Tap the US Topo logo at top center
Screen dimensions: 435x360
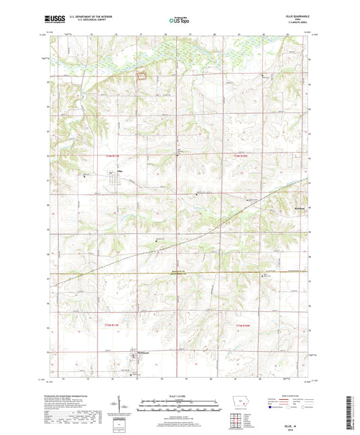[x=179, y=21]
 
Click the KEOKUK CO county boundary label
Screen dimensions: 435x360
[x=178, y=272]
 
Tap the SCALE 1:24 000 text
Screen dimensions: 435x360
[x=180, y=396]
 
